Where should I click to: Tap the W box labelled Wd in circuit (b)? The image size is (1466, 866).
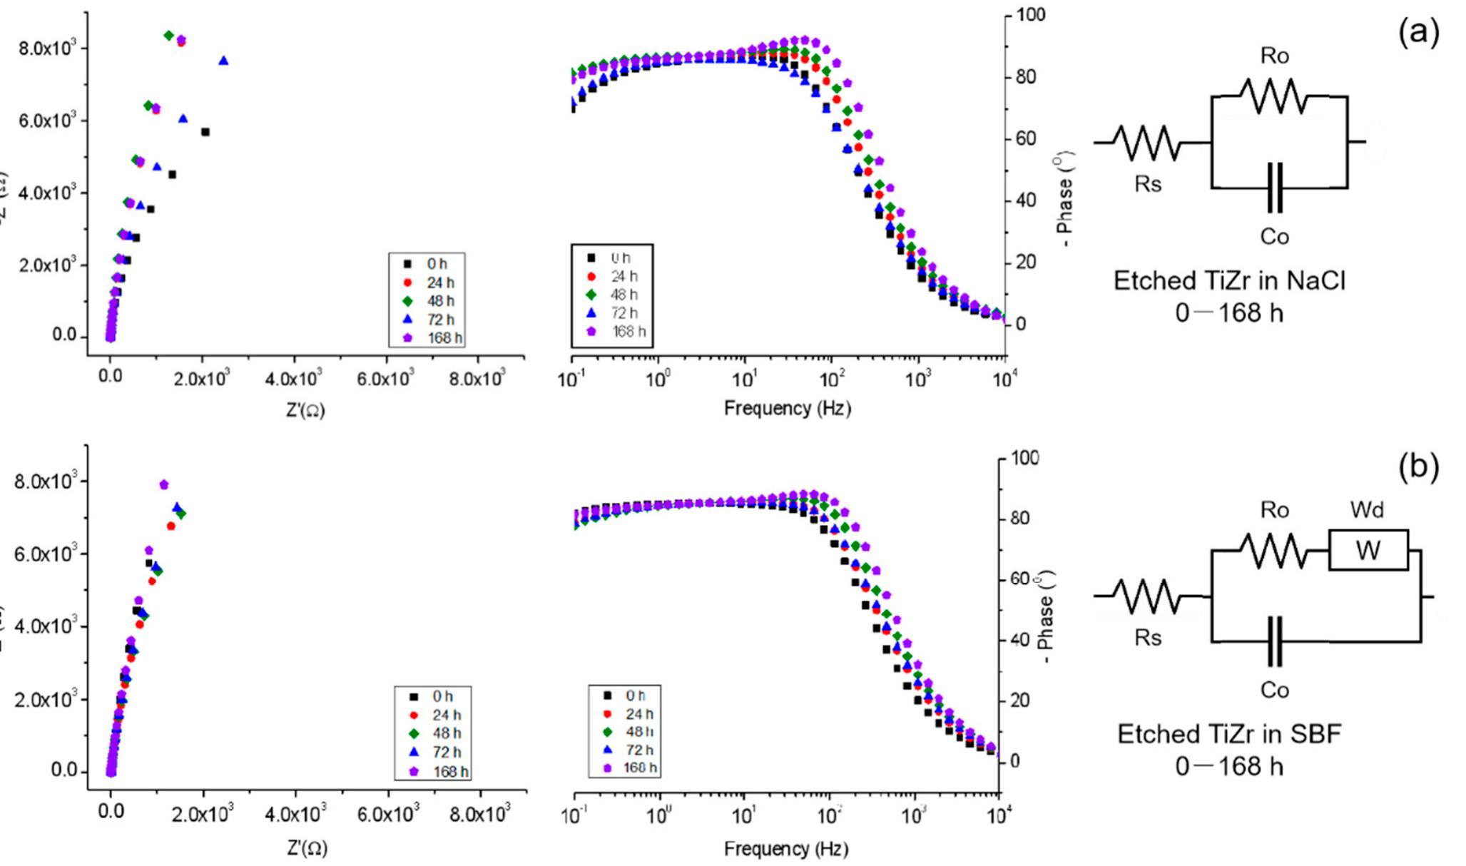1368,550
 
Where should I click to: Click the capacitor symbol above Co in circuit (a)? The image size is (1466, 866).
1275,188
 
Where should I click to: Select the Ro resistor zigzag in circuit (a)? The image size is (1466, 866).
1274,96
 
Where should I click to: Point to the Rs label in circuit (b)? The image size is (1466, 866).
1148,638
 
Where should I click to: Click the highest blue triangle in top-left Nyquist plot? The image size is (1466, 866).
223,61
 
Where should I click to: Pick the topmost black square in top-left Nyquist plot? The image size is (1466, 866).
205,132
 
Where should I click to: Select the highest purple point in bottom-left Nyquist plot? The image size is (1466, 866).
163,485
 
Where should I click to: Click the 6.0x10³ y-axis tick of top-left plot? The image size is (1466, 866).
46,121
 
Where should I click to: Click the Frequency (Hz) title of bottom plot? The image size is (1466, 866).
786,849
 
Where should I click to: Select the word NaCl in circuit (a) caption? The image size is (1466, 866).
1316,281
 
